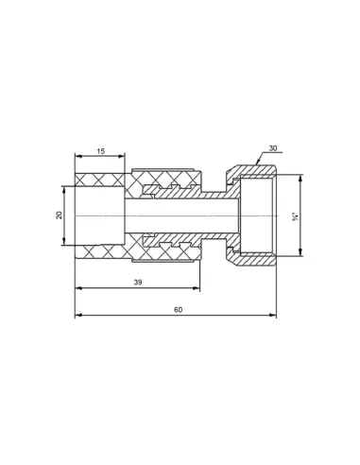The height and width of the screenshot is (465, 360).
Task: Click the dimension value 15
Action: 100,151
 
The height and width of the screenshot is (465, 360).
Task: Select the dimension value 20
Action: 60,215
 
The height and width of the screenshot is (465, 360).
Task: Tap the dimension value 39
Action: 138,283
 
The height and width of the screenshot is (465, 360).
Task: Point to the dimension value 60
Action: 179,310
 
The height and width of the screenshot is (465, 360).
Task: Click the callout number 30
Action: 273,148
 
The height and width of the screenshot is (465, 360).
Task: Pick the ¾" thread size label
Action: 296,217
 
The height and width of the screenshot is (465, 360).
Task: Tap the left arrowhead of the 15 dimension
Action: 78,156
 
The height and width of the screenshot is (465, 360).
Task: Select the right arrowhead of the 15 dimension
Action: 122,156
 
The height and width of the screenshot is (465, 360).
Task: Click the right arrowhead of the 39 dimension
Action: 197,287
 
